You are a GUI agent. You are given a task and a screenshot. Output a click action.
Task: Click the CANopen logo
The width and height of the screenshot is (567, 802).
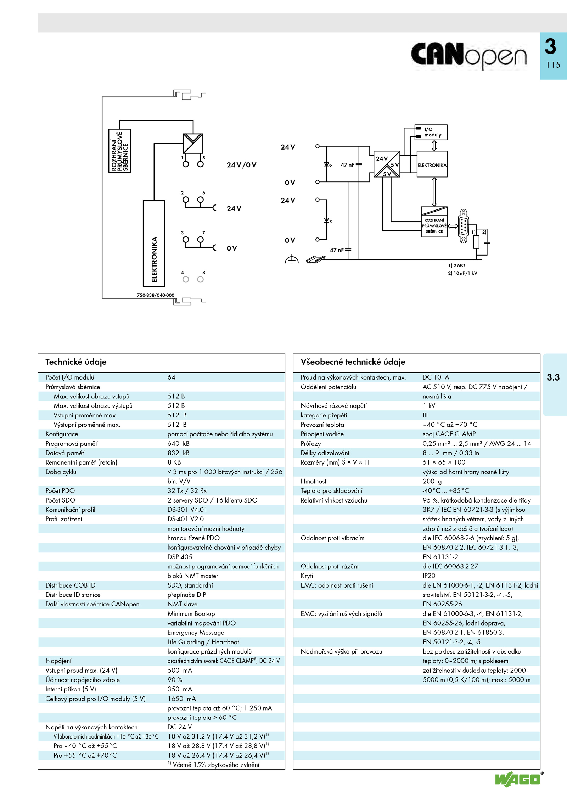click(468, 55)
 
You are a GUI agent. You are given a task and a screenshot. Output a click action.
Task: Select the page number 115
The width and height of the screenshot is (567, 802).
click(553, 65)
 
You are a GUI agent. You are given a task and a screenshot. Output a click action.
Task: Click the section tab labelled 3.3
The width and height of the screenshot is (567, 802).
click(553, 377)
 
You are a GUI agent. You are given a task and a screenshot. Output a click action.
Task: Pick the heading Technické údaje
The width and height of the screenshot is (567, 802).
click(76, 362)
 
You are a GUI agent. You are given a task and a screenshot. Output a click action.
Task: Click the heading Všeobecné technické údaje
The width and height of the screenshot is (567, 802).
click(353, 362)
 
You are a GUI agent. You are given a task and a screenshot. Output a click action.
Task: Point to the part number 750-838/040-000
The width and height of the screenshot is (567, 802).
click(156, 295)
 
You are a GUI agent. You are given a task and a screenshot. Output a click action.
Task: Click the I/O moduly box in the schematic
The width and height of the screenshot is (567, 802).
click(431, 132)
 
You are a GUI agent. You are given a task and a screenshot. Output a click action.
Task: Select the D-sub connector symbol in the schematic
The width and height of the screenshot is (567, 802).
click(463, 226)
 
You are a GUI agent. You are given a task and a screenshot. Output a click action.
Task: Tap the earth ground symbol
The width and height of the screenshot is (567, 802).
click(291, 259)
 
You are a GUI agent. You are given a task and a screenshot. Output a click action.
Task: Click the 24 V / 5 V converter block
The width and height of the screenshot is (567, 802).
click(387, 164)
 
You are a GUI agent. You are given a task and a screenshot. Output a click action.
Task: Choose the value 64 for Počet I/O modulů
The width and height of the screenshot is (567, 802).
click(172, 377)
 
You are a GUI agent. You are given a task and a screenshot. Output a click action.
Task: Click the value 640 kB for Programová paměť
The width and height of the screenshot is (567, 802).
click(179, 443)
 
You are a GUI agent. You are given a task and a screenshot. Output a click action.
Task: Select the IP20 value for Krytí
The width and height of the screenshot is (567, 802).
click(429, 576)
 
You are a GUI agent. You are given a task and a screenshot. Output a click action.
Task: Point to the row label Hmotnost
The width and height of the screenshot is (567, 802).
click(314, 481)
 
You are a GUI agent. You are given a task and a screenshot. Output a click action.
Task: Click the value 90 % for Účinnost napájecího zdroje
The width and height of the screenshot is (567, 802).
click(175, 680)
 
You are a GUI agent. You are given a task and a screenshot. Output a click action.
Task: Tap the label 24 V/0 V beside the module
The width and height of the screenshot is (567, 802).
click(241, 165)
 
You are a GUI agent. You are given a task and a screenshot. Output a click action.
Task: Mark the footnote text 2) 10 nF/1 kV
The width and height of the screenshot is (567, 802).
click(462, 273)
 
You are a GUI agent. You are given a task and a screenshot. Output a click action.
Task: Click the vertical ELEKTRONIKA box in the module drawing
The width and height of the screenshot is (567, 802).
click(154, 243)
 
